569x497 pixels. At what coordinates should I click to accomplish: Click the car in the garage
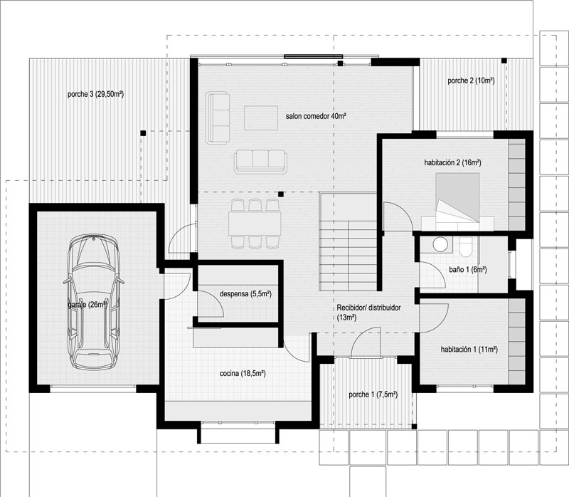[x=94, y=301]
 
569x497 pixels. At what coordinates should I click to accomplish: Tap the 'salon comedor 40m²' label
[x=315, y=116]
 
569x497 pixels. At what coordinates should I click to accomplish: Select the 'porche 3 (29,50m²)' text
[x=96, y=95]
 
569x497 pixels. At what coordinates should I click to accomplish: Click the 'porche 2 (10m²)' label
[x=471, y=80]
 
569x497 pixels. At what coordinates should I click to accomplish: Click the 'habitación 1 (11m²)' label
[x=469, y=350]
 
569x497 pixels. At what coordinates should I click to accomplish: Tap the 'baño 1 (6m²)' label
[x=468, y=270]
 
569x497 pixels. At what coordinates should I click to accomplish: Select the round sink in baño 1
[x=440, y=244]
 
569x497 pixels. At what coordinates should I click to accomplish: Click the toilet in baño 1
[x=465, y=246]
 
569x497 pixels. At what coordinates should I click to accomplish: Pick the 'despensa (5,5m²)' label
[x=245, y=293]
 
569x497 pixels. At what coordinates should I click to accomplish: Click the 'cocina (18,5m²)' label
[x=243, y=374]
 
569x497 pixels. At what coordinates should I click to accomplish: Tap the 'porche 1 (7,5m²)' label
[x=373, y=394]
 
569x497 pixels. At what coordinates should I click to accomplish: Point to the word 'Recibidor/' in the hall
[x=353, y=308]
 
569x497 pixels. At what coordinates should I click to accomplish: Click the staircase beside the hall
[x=348, y=241]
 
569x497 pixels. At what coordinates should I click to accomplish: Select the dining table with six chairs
[x=255, y=224]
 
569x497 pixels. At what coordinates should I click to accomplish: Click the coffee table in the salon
[x=261, y=117]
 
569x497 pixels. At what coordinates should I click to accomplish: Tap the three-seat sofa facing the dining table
[x=260, y=162]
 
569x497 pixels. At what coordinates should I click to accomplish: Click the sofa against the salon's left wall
[x=218, y=117]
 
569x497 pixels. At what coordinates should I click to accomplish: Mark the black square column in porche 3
[x=144, y=133]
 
